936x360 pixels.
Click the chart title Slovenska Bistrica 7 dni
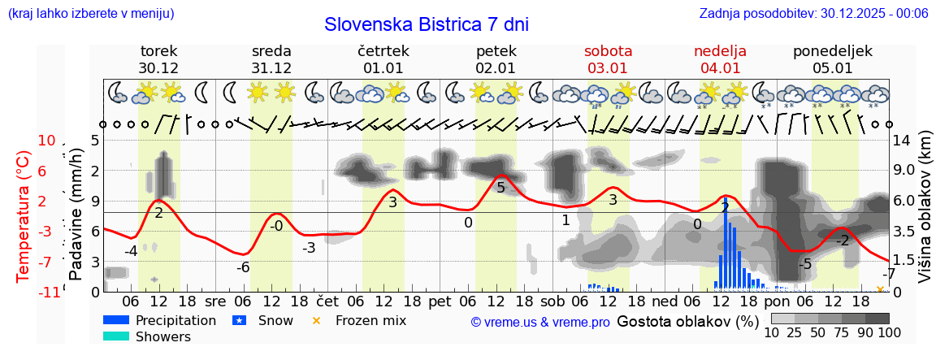pyautogui.click(x=427, y=24)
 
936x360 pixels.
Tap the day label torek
pyautogui.click(x=158, y=51)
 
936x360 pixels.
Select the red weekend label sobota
pyautogui.click(x=608, y=51)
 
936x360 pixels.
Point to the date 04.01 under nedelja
pyautogui.click(x=720, y=68)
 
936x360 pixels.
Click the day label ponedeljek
pyautogui.click(x=833, y=51)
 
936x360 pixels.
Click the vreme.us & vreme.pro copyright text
pyautogui.click(x=540, y=322)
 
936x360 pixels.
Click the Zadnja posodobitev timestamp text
pyautogui.click(x=813, y=13)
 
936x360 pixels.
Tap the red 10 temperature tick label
pyautogui.click(x=46, y=141)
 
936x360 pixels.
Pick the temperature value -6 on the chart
pyautogui.click(x=242, y=267)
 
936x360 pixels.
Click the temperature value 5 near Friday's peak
pyautogui.click(x=500, y=189)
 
